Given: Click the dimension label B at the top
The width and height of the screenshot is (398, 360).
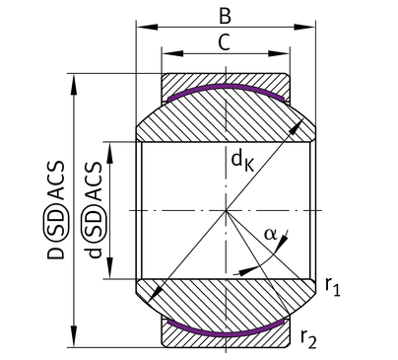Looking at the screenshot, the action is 225,16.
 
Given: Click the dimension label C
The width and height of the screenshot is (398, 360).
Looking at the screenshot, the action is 225,42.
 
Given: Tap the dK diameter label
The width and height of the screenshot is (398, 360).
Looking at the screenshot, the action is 242,161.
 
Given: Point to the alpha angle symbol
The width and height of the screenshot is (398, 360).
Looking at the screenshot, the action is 271,235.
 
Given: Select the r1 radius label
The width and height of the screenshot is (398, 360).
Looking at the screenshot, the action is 332,287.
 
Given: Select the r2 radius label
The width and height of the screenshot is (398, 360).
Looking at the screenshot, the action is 308,338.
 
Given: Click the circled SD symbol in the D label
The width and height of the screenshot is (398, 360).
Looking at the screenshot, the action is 55,226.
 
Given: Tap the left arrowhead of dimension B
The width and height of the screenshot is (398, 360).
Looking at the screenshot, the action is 147,27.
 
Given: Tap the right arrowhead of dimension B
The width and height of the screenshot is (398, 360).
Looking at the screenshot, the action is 304,27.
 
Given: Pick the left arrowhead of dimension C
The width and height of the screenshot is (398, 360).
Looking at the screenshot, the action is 172,53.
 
